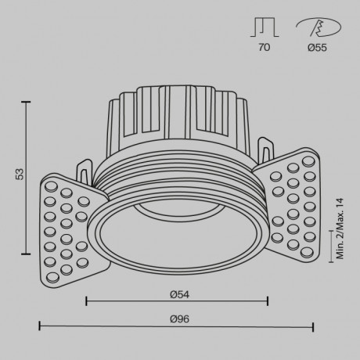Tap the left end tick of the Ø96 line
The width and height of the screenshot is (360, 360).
(39, 326)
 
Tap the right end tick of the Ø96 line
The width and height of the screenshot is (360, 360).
(314, 326)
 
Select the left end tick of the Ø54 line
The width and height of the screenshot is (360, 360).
(85, 300)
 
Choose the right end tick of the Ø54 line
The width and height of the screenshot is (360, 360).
(268, 300)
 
